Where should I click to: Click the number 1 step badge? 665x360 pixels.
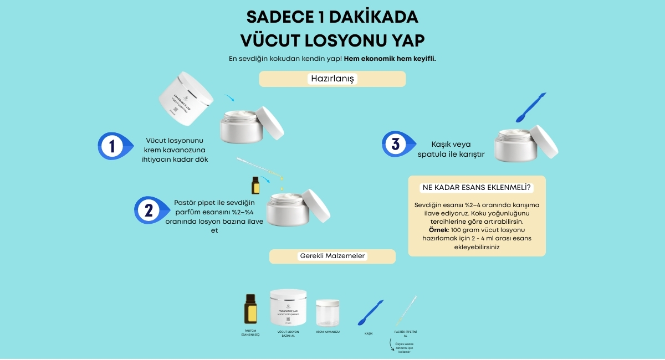pos(112,146)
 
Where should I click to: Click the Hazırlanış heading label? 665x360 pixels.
pos(332,79)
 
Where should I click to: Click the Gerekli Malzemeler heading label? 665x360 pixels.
pos(332,256)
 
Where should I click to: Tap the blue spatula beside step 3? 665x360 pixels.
pos(530,107)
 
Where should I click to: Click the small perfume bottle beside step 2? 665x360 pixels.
pos(255,186)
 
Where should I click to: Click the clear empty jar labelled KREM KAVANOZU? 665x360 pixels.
pos(328,312)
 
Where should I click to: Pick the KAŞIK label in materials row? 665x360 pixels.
pos(368,333)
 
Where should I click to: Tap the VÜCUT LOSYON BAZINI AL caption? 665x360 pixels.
pos(288,334)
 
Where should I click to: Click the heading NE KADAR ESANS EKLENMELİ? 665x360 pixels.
pos(477,187)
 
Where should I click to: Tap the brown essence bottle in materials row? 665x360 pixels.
pos(250,309)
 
